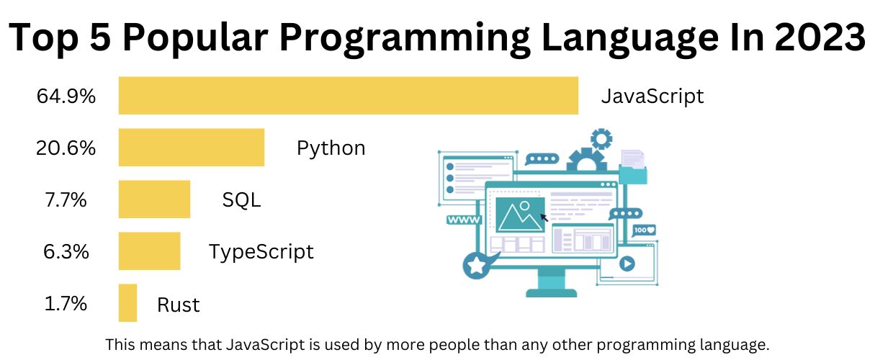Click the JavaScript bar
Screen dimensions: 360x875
click(349, 95)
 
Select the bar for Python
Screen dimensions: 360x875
click(192, 148)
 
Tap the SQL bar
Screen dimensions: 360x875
click(154, 199)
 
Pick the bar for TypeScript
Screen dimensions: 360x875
click(149, 251)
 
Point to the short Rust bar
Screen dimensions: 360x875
click(127, 303)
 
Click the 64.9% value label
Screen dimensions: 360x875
click(66, 96)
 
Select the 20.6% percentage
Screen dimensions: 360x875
click(66, 148)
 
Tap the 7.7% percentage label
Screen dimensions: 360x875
click(66, 199)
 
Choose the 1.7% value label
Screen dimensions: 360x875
click(66, 303)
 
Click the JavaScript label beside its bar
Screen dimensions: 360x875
click(652, 96)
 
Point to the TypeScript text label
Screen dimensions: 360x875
click(261, 252)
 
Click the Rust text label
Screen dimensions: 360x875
click(178, 305)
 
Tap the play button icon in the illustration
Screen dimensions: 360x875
click(626, 263)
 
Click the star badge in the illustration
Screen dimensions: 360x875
click(476, 266)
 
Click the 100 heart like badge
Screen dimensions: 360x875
click(645, 230)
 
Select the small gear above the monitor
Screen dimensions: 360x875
click(601, 138)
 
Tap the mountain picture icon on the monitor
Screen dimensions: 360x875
click(519, 215)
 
